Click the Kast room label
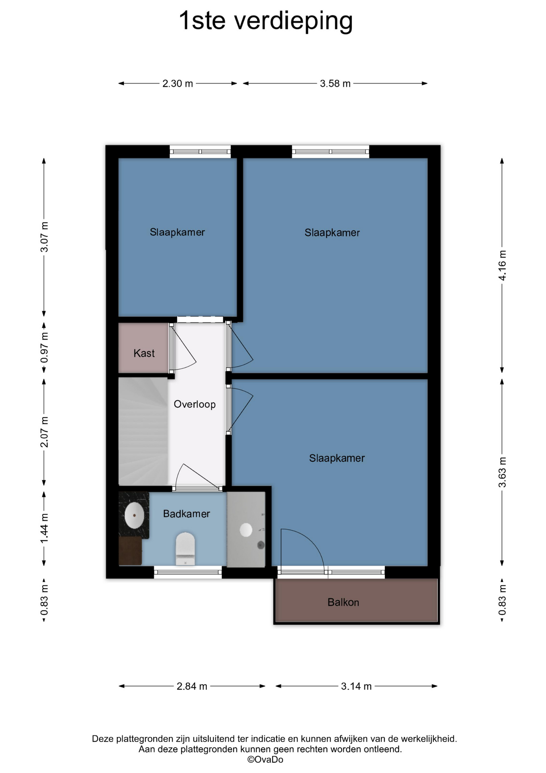pyautogui.click(x=144, y=353)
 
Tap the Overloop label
pyautogui.click(x=195, y=404)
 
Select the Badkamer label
pyautogui.click(x=187, y=514)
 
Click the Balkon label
pyautogui.click(x=343, y=602)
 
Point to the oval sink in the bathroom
pyautogui.click(x=134, y=515)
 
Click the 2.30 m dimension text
pyautogui.click(x=178, y=84)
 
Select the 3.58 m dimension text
pyautogui.click(x=335, y=84)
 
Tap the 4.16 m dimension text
pyautogui.click(x=502, y=266)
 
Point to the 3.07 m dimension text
pyautogui.click(x=44, y=237)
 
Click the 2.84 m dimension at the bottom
pyautogui.click(x=192, y=686)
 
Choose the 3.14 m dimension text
pyautogui.click(x=356, y=686)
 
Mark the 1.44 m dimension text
pyautogui.click(x=44, y=528)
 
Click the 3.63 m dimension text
pyautogui.click(x=502, y=472)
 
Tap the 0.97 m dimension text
pyautogui.click(x=44, y=347)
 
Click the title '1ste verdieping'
pyautogui.click(x=266, y=21)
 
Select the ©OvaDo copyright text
pyautogui.click(x=265, y=760)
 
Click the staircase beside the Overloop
pyautogui.click(x=143, y=431)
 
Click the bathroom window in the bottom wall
pyautogui.click(x=188, y=572)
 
